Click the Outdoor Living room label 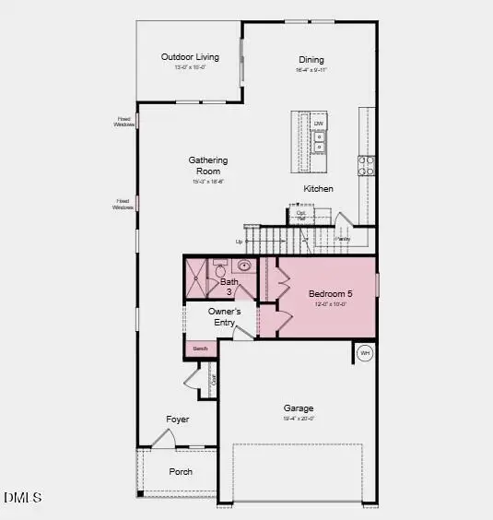190,57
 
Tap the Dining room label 311,60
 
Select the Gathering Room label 208,166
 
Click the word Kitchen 319,189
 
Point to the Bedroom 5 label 330,294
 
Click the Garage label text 299,408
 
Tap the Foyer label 178,420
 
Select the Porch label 181,471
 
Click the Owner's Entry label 225,317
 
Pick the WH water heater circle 365,353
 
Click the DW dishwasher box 319,124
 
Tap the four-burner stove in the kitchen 367,165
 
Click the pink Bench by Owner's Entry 201,349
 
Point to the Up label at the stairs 240,242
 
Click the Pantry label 343,239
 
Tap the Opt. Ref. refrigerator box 301,216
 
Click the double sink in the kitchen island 319,142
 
